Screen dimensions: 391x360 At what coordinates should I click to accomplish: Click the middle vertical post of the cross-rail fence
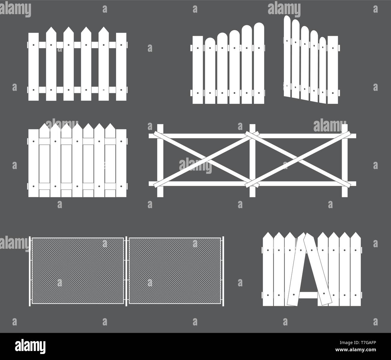pyautogui.click(x=252, y=161)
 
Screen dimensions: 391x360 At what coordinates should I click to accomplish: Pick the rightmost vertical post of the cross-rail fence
pyautogui.click(x=344, y=161)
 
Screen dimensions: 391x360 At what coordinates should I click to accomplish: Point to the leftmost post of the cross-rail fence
pyautogui.click(x=160, y=161)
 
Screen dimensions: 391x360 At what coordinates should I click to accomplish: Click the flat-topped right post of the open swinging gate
pyautogui.click(x=333, y=70)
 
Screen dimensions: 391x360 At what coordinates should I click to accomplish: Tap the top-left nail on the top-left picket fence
pyautogui.click(x=33, y=45)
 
